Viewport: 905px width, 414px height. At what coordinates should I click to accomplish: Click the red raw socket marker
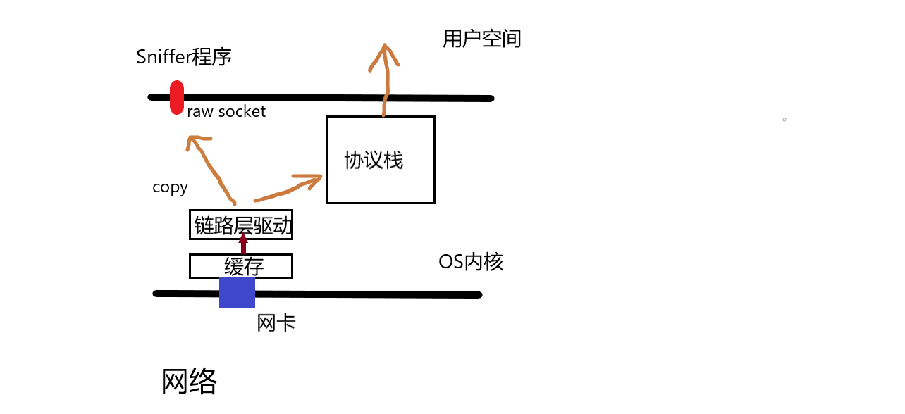coord(177,97)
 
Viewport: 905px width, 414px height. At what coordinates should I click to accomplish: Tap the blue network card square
coord(237,293)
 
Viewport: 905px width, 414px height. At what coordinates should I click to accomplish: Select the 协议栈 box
coord(380,160)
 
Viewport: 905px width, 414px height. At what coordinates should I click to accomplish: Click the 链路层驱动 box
coord(241,225)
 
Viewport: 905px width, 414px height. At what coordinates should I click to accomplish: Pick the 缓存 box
coord(241,266)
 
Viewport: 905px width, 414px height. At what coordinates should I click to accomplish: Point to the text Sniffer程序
coord(184,57)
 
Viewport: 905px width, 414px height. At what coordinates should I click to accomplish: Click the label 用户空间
coord(481,39)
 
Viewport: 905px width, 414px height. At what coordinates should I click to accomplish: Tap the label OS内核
coord(470,262)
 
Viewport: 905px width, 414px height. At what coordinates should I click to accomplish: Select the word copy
coord(170,187)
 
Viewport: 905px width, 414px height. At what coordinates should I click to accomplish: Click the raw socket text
coord(226,112)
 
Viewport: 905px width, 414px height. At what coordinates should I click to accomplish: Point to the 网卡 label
coord(276,323)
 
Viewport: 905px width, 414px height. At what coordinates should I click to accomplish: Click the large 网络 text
coord(189,382)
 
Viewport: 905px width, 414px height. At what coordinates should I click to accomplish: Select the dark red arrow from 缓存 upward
coord(243,244)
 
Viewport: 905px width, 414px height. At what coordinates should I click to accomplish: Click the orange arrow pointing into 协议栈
coord(289,187)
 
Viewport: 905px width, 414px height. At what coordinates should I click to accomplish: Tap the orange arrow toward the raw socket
coord(211,169)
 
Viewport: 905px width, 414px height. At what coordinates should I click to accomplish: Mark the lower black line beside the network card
coord(367,294)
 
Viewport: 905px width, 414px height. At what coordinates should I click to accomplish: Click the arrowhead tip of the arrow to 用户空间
coord(385,46)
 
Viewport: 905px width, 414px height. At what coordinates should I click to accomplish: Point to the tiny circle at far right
coord(784,120)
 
